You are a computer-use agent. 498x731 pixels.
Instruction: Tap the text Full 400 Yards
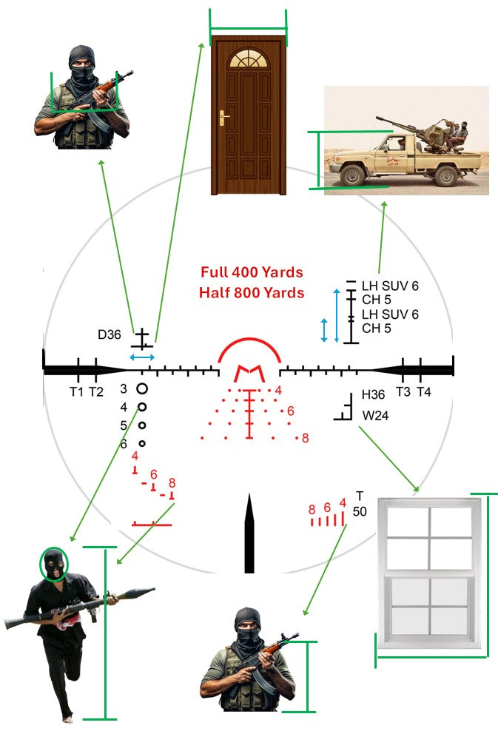pyautogui.click(x=252, y=272)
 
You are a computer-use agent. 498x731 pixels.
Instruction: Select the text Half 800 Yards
pyautogui.click(x=252, y=293)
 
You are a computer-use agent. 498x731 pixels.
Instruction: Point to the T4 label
pyautogui.click(x=423, y=392)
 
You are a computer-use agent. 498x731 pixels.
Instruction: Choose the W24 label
pyautogui.click(x=375, y=416)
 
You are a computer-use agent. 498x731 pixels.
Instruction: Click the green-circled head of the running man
pyautogui.click(x=53, y=564)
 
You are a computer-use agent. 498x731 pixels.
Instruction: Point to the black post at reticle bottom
pyautogui.click(x=249, y=534)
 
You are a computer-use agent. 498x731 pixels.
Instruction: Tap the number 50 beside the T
pyautogui.click(x=360, y=511)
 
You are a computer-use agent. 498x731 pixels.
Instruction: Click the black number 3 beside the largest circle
pyautogui.click(x=124, y=388)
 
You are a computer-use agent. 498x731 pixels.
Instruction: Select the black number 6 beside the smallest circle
pyautogui.click(x=124, y=444)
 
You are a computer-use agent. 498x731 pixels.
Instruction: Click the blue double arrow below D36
pyautogui.click(x=142, y=357)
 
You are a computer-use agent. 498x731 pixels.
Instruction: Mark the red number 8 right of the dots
pyautogui.click(x=305, y=438)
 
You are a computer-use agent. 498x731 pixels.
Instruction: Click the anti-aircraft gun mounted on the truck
pyautogui.click(x=396, y=126)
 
